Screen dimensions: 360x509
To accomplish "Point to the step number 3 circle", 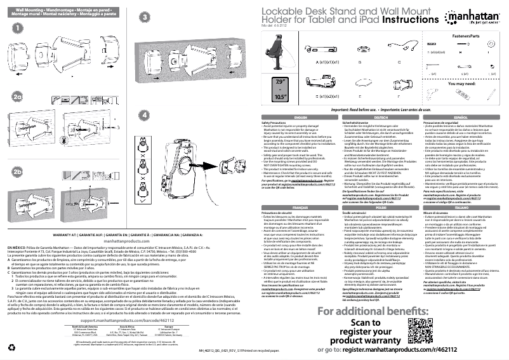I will pos(145,17).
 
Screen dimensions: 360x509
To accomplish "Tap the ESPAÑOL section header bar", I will pos(461,118).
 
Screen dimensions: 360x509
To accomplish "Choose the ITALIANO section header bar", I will pos(461,190).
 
